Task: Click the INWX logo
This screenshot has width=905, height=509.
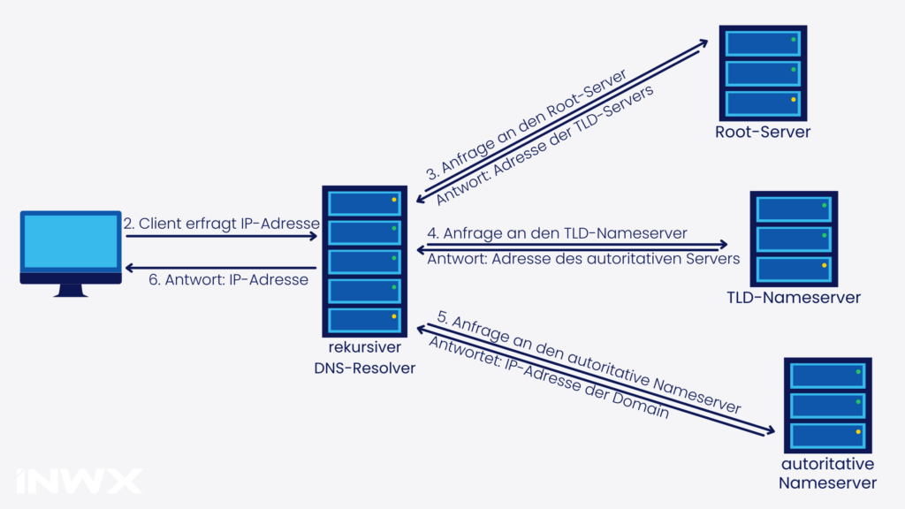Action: tap(78, 481)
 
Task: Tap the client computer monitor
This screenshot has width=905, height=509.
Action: tap(71, 242)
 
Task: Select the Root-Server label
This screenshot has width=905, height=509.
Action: tap(763, 133)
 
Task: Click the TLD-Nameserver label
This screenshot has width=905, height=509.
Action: tap(794, 298)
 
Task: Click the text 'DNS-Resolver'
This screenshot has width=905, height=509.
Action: tap(364, 368)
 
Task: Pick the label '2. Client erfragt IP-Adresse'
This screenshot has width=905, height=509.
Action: tap(221, 224)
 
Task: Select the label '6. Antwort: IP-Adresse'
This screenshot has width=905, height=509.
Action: tap(228, 280)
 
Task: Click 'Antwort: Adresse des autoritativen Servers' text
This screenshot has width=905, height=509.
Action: tap(583, 259)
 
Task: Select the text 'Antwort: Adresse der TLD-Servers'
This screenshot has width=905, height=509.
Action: tap(541, 144)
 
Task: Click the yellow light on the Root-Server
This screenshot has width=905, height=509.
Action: tap(794, 100)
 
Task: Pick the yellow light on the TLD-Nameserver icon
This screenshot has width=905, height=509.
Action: tap(824, 265)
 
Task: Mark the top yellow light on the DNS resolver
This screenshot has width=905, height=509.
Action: tap(394, 201)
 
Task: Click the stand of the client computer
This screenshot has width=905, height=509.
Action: tap(70, 290)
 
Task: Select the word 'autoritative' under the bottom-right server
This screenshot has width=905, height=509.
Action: tap(827, 464)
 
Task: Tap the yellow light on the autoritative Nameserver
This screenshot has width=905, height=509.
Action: tap(857, 432)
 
